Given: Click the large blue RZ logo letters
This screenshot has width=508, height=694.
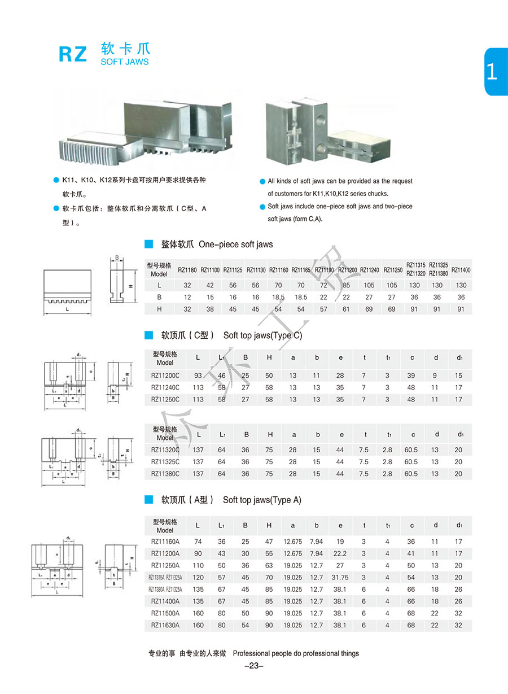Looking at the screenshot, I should (x=73, y=54).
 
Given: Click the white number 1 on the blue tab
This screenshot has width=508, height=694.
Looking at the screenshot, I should (x=492, y=72).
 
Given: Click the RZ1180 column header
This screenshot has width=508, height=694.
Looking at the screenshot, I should (x=187, y=270).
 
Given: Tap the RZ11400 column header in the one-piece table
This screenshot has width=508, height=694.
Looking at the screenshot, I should (x=461, y=270).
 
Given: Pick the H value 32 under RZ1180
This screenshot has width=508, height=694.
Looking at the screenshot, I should (x=187, y=309).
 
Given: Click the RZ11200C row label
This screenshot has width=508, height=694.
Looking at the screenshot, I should (x=165, y=376).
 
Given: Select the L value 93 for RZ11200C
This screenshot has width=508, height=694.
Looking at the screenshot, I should (x=198, y=376).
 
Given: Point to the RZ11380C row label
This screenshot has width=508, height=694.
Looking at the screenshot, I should (x=165, y=474).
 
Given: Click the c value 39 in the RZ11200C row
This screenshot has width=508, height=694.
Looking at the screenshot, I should (x=411, y=376).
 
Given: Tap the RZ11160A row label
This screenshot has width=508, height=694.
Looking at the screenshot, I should (x=165, y=542).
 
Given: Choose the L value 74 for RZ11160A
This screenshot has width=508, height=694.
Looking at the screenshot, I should (x=198, y=542).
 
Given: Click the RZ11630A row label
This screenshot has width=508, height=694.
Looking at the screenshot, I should (x=165, y=625).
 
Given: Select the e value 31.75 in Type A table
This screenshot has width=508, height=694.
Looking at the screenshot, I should (x=340, y=577).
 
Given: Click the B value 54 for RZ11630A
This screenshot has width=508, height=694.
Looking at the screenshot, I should (x=245, y=625).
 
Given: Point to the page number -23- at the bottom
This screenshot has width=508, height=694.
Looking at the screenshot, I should (x=254, y=666).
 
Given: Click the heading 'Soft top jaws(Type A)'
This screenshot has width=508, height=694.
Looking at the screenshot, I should (x=262, y=500).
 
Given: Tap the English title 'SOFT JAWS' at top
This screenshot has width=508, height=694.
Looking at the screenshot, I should (x=125, y=62).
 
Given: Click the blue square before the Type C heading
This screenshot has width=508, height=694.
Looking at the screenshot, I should (x=149, y=335).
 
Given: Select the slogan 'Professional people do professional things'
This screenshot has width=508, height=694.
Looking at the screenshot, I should (x=296, y=653).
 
